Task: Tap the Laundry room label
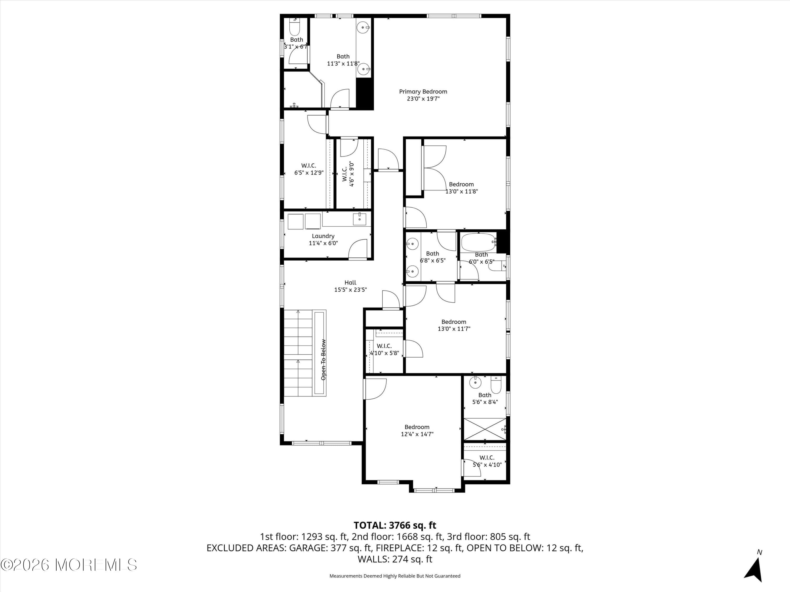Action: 323,236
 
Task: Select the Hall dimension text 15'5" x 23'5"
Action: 350,290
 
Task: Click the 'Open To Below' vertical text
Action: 323,359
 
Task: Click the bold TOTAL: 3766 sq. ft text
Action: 395,525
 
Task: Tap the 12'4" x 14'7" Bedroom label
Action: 417,430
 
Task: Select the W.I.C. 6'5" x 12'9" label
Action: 309,169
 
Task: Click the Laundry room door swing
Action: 358,248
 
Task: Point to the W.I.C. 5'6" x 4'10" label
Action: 487,461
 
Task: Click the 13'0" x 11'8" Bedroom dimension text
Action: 461,191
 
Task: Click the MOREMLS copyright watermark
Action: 68,565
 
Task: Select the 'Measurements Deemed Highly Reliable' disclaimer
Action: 395,576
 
